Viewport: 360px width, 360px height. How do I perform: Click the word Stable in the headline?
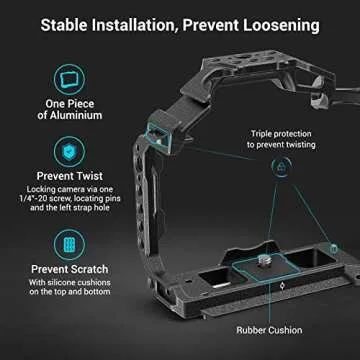pos(71,23)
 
